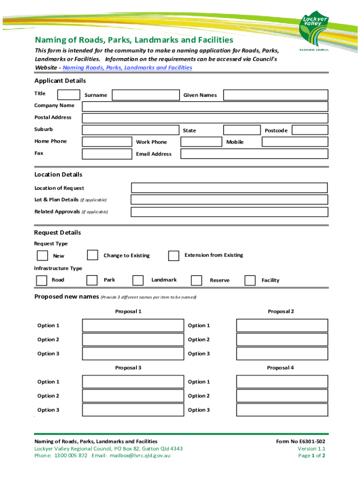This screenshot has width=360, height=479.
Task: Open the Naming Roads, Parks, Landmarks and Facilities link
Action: click(127, 68)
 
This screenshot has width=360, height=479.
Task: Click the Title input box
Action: click(68, 94)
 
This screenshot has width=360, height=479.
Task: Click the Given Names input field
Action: click(275, 95)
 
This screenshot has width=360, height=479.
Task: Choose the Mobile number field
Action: click(288, 142)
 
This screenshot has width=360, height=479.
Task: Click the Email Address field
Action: click(254, 154)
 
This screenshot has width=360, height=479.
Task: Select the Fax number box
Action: click(107, 154)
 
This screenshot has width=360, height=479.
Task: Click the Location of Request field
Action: click(229, 188)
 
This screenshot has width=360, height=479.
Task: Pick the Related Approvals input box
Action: click(229, 212)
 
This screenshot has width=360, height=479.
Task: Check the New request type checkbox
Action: click(43, 255)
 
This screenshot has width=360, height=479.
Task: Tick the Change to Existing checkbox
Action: click(93, 255)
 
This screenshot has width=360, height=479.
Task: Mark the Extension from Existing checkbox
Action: click(173, 255)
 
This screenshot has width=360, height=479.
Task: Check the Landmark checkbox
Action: click(138, 280)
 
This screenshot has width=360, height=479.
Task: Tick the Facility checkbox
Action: click(250, 280)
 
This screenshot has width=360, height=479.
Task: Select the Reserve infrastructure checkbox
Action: click(196, 280)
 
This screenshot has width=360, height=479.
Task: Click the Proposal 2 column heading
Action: click(281, 312)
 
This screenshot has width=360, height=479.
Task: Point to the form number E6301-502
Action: click(301, 442)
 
